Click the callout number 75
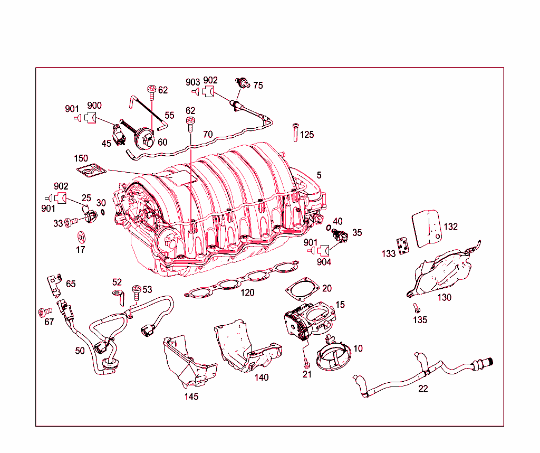click(x=258, y=86)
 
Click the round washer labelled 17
click(x=81, y=235)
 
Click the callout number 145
click(x=191, y=397)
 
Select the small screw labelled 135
click(x=414, y=307)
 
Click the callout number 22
click(x=423, y=389)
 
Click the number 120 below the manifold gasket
click(x=247, y=292)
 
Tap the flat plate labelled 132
click(x=426, y=228)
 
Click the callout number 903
click(x=193, y=82)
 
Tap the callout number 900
click(x=94, y=106)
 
